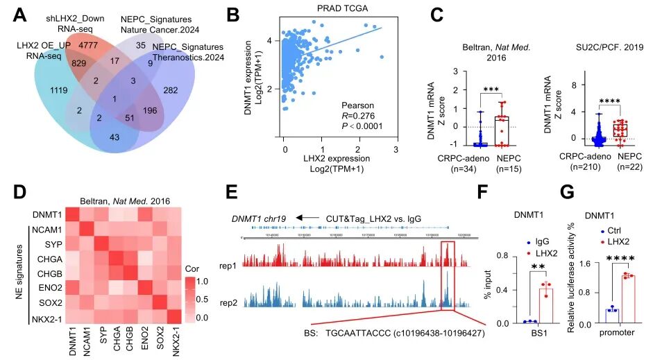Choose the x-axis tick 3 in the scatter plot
click(x=396, y=149)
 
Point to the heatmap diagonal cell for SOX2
click(x=160, y=302)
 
